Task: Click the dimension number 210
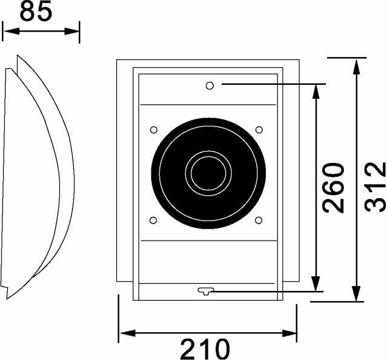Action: click(x=205, y=348)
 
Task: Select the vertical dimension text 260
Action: click(x=334, y=187)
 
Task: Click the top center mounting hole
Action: click(x=210, y=85)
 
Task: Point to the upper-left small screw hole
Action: click(x=153, y=130)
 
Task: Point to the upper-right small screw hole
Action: click(x=259, y=130)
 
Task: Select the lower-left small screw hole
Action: click(x=153, y=219)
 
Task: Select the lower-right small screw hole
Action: click(x=259, y=219)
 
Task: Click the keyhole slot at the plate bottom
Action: click(x=206, y=292)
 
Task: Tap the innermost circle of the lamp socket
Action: click(x=208, y=172)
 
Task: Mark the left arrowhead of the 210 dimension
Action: click(x=124, y=333)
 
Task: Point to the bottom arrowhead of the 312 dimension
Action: click(x=357, y=296)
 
